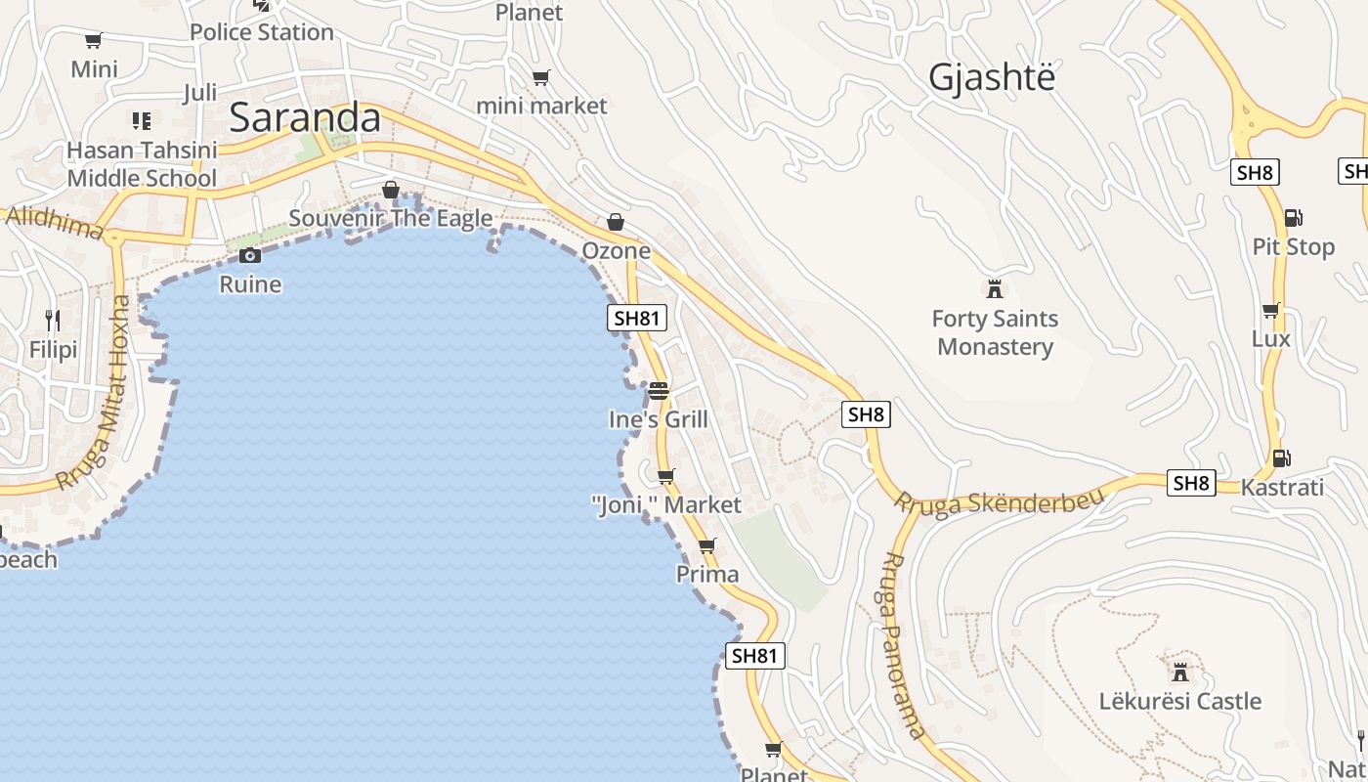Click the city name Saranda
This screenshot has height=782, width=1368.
(x=304, y=117)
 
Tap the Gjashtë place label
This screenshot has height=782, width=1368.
(x=992, y=76)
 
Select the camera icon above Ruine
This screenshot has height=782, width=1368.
(x=250, y=256)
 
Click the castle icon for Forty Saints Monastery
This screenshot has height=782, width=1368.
(x=995, y=289)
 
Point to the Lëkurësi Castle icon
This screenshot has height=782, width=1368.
(x=1180, y=673)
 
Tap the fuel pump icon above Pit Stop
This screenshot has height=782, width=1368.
(x=1293, y=218)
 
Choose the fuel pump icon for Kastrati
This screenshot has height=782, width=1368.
(x=1281, y=457)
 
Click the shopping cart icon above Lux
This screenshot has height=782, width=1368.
(x=1270, y=311)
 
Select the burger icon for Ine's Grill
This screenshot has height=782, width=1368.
(x=658, y=391)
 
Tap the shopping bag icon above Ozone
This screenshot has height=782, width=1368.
(x=616, y=223)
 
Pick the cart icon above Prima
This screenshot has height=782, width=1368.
(x=707, y=545)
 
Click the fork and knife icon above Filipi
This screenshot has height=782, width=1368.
(x=53, y=320)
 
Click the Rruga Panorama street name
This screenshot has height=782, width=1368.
(x=903, y=644)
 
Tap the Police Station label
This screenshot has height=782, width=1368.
(x=262, y=32)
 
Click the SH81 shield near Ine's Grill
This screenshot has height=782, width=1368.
(x=637, y=318)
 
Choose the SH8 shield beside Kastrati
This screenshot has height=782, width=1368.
(x=1192, y=482)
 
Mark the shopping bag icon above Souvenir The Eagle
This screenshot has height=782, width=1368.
(x=391, y=190)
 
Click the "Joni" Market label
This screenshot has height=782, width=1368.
(x=666, y=504)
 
